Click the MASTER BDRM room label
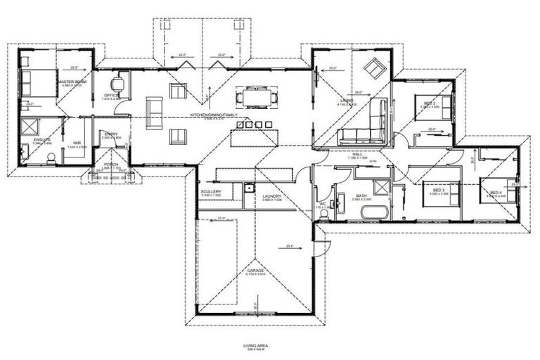click(x=71, y=82)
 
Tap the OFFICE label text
click(x=111, y=95)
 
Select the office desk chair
click(x=121, y=83)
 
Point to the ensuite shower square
click(x=31, y=126)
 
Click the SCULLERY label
click(x=211, y=191)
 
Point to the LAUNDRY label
click(x=271, y=196)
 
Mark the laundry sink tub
click(x=250, y=188)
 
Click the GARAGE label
click(x=255, y=270)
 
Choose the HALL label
click(x=357, y=155)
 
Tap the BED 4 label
click(x=496, y=192)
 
